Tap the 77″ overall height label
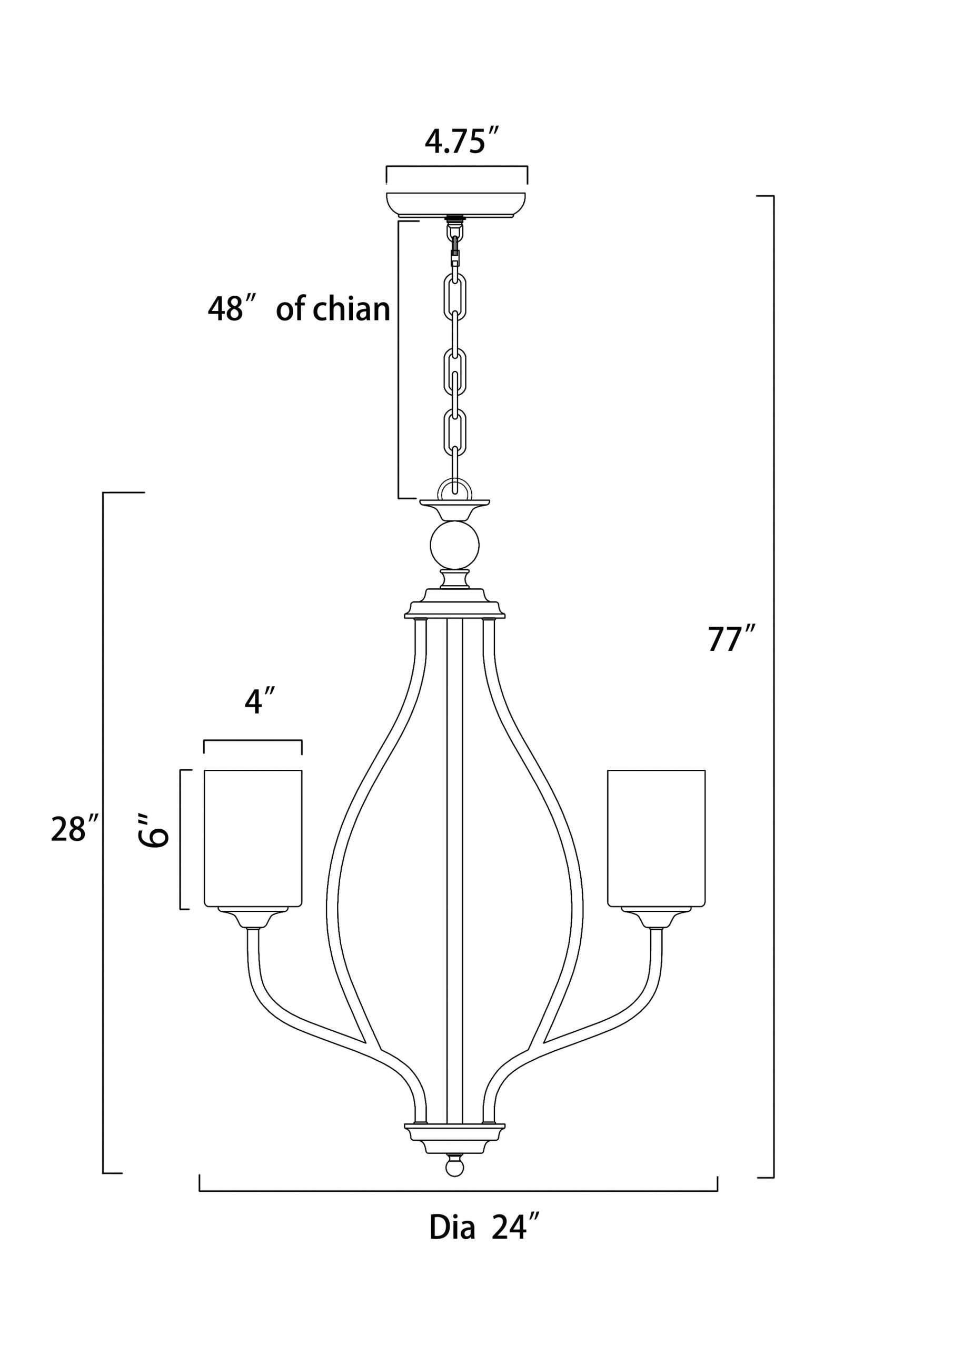point(730,639)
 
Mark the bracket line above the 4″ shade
point(253,741)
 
